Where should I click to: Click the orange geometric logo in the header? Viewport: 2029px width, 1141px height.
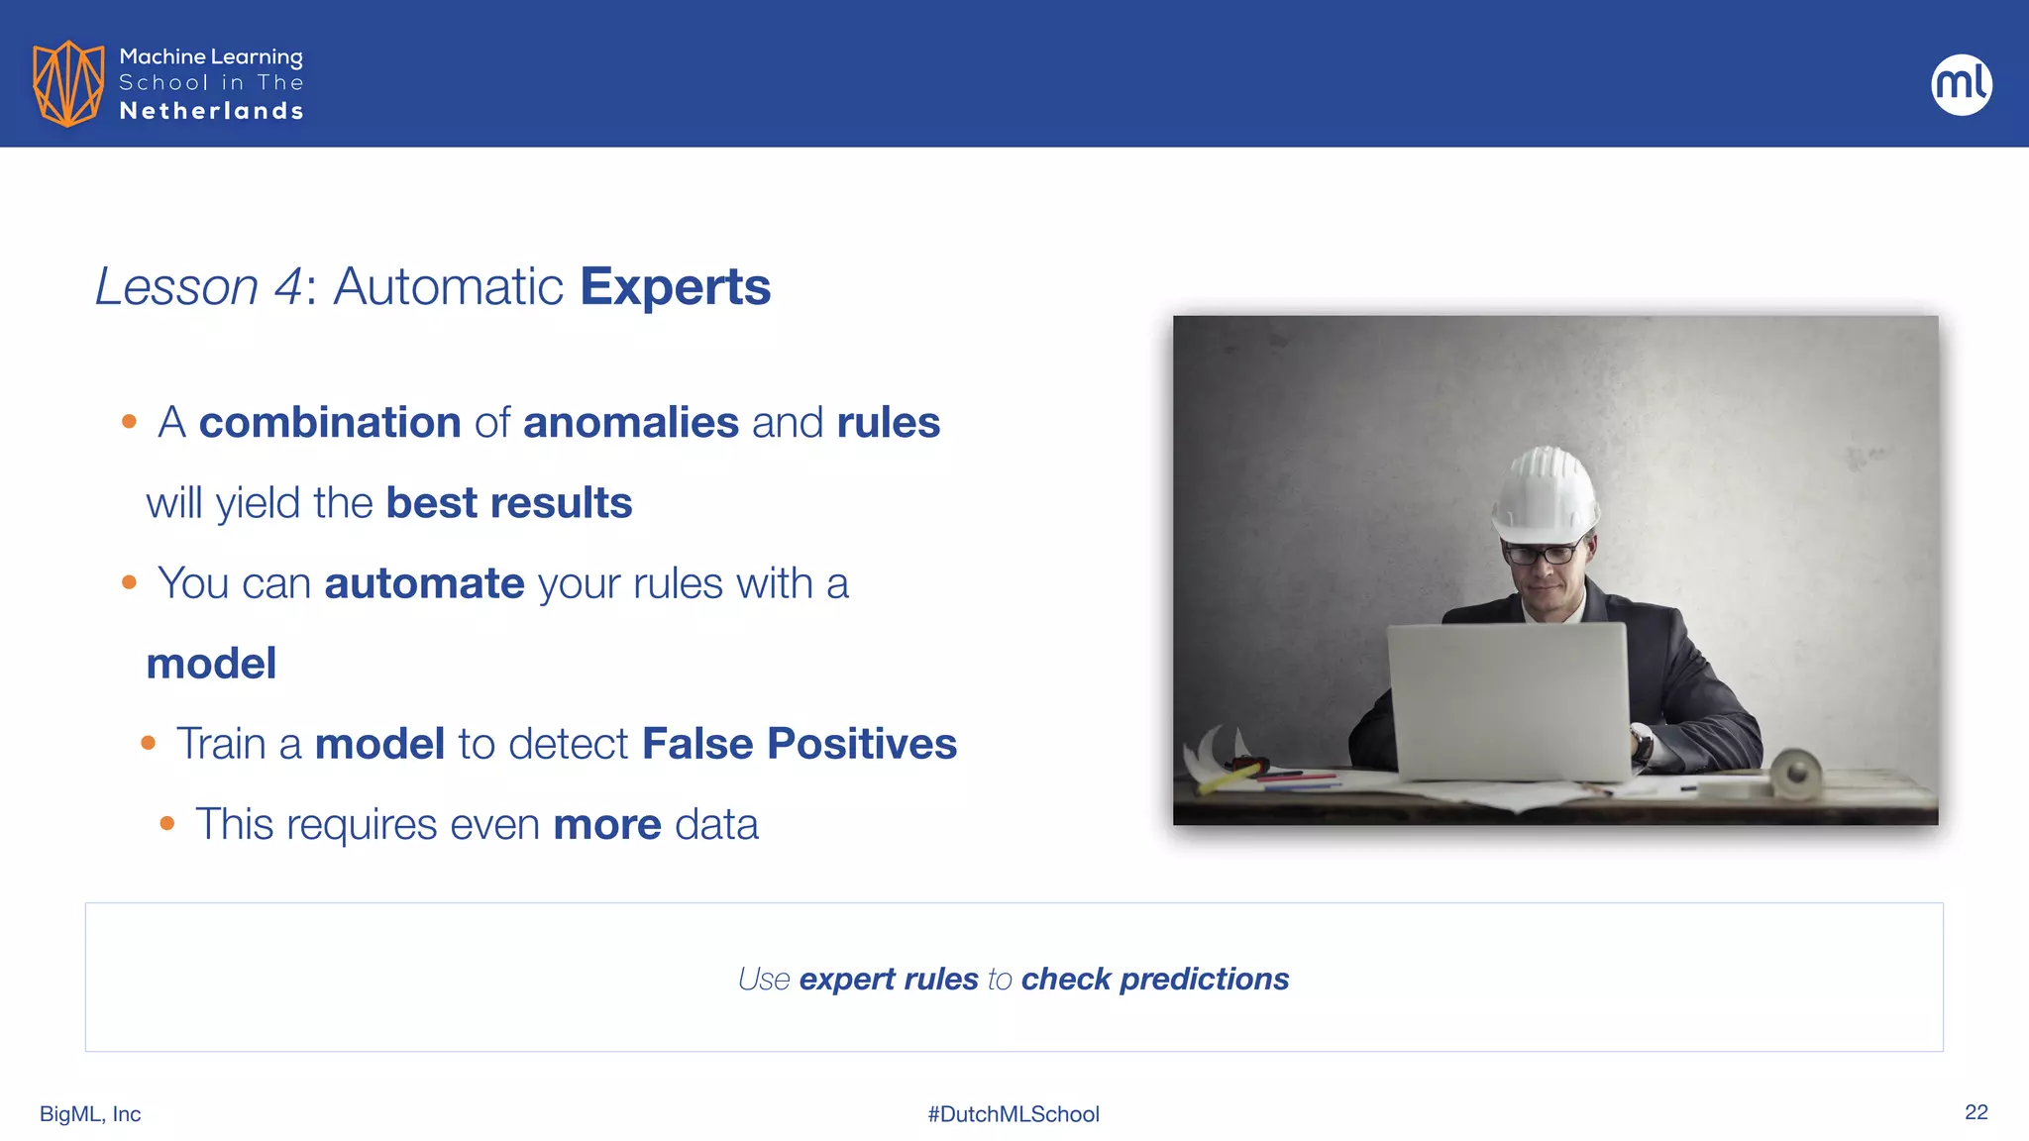[67, 83]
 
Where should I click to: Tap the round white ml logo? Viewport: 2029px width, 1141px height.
[1961, 84]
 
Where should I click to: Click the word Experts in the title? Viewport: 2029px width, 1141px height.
[675, 287]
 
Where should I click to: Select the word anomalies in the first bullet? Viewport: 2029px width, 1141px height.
[630, 423]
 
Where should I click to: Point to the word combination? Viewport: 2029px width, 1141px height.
[330, 423]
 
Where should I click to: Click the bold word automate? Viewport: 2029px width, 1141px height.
[424, 583]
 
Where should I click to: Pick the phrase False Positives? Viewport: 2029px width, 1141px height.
[799, 744]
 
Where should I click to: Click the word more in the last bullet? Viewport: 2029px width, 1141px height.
[606, 824]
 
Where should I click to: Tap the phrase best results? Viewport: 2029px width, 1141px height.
[508, 503]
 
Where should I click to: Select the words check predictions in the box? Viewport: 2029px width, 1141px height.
[1154, 979]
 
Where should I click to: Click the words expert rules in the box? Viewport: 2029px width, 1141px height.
[888, 979]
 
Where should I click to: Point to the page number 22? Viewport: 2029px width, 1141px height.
[1976, 1112]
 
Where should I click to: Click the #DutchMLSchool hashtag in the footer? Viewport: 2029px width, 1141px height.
[1014, 1114]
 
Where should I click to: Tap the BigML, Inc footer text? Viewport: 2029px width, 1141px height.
[90, 1114]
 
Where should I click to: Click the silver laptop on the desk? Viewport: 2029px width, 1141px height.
[1508, 699]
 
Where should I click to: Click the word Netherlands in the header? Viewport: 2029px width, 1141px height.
[211, 111]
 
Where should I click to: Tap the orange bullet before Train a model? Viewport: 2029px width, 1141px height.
[149, 743]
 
